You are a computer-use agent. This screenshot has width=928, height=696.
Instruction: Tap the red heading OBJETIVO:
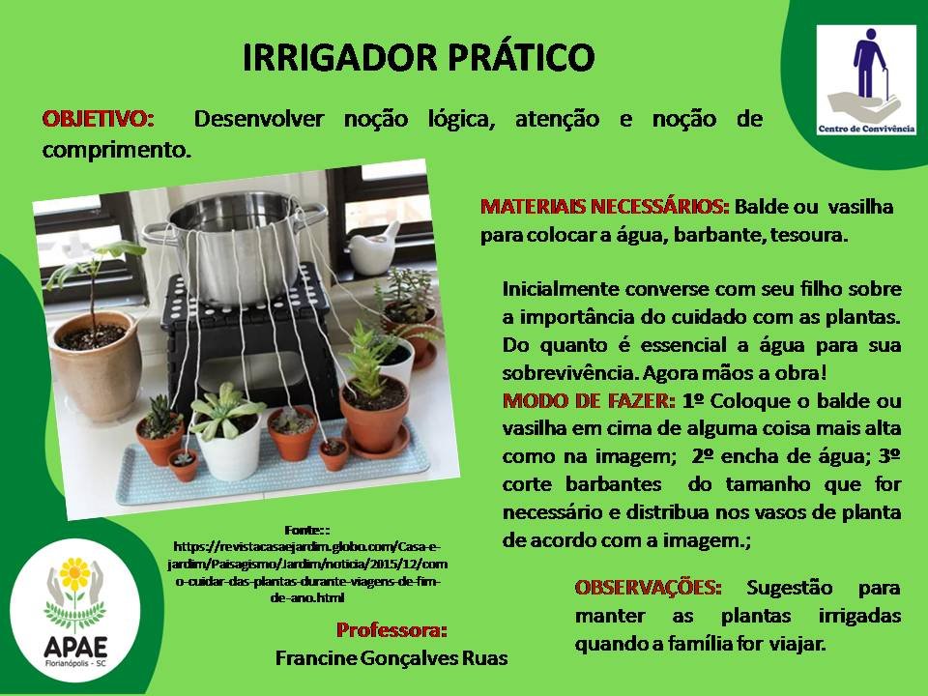[99, 119]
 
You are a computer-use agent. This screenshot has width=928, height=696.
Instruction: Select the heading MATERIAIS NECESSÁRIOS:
[604, 207]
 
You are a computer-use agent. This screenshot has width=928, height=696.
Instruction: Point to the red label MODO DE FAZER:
[589, 400]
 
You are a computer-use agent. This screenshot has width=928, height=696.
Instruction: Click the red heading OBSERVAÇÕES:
[648, 587]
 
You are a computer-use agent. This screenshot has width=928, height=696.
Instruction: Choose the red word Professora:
[391, 629]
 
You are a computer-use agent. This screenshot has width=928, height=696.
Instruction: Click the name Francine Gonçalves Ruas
[391, 658]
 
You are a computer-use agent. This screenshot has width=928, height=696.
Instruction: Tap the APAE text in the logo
[75, 647]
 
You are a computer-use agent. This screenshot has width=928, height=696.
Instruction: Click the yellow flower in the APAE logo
[75, 573]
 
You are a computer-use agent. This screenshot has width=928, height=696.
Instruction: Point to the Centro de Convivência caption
[866, 129]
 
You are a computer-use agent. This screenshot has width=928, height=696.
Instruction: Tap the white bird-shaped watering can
[374, 248]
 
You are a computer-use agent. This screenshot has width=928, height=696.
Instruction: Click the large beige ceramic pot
[96, 364]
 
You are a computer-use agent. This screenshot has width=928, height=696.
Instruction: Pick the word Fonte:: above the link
[306, 530]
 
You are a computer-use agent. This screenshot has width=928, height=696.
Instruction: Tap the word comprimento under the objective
[117, 151]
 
